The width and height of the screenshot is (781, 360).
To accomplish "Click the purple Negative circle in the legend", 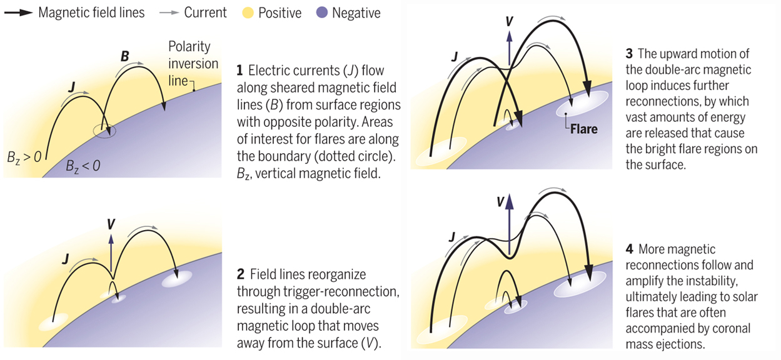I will tap(323, 12).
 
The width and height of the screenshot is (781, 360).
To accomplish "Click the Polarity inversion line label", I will tap(193, 63).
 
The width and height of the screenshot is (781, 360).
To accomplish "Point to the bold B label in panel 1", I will tap(125, 56).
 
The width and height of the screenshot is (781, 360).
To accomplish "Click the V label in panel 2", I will tap(111, 223).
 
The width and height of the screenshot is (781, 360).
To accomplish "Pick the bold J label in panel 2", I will tap(64, 258).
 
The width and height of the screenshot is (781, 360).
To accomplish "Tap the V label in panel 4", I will tap(500, 201).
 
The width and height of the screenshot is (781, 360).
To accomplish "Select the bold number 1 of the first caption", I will tap(239, 67).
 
